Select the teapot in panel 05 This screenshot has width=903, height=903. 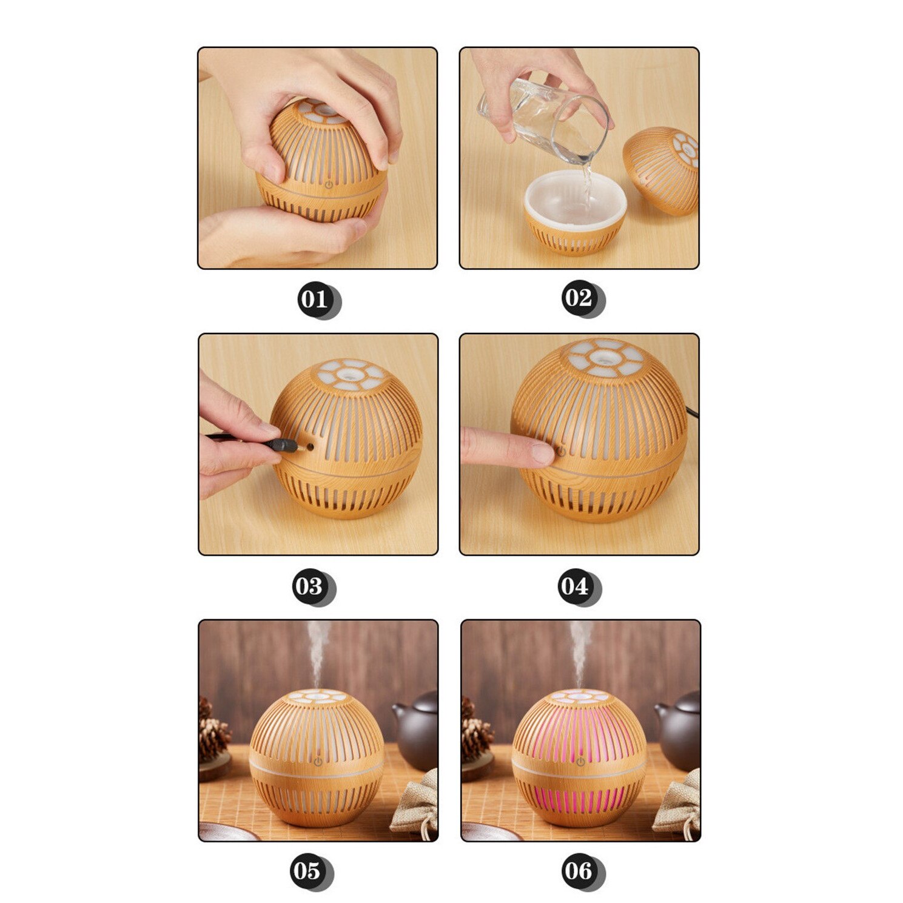(x=417, y=730)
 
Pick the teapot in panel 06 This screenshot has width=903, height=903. (x=679, y=730)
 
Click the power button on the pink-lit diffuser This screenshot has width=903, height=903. (x=580, y=760)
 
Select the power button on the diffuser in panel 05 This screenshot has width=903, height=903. (x=318, y=760)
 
